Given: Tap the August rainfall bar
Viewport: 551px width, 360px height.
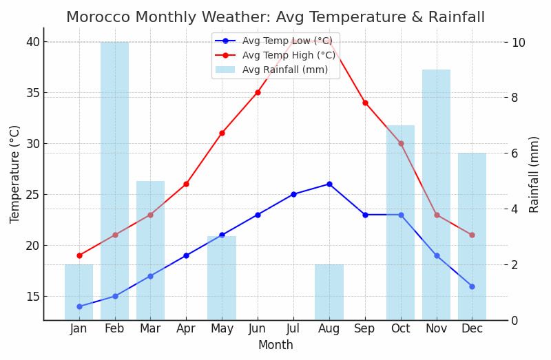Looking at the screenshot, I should click(329, 292).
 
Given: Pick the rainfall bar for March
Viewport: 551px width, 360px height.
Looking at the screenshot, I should click(150, 251).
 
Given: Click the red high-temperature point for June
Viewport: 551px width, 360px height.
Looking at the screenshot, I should click(258, 92).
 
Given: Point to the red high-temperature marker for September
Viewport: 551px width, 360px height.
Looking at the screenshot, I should click(365, 103).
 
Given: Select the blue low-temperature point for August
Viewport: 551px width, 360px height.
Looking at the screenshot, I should click(329, 184).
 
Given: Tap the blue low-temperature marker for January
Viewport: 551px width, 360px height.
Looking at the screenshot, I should click(79, 306).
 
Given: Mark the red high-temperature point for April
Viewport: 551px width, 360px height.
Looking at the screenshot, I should click(186, 184).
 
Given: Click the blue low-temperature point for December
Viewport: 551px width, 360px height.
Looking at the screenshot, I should click(472, 286).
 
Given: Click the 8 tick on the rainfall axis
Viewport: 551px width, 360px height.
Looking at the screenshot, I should click(518, 98).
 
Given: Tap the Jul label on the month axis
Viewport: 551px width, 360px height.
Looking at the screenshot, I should click(293, 329).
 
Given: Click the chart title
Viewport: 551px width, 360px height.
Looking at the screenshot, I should click(275, 17).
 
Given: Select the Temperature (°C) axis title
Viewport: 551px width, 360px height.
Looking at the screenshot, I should click(15, 174).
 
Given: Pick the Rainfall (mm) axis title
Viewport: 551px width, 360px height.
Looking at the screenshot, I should click(534, 174).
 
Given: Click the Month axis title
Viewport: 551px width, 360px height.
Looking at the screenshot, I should click(275, 346).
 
